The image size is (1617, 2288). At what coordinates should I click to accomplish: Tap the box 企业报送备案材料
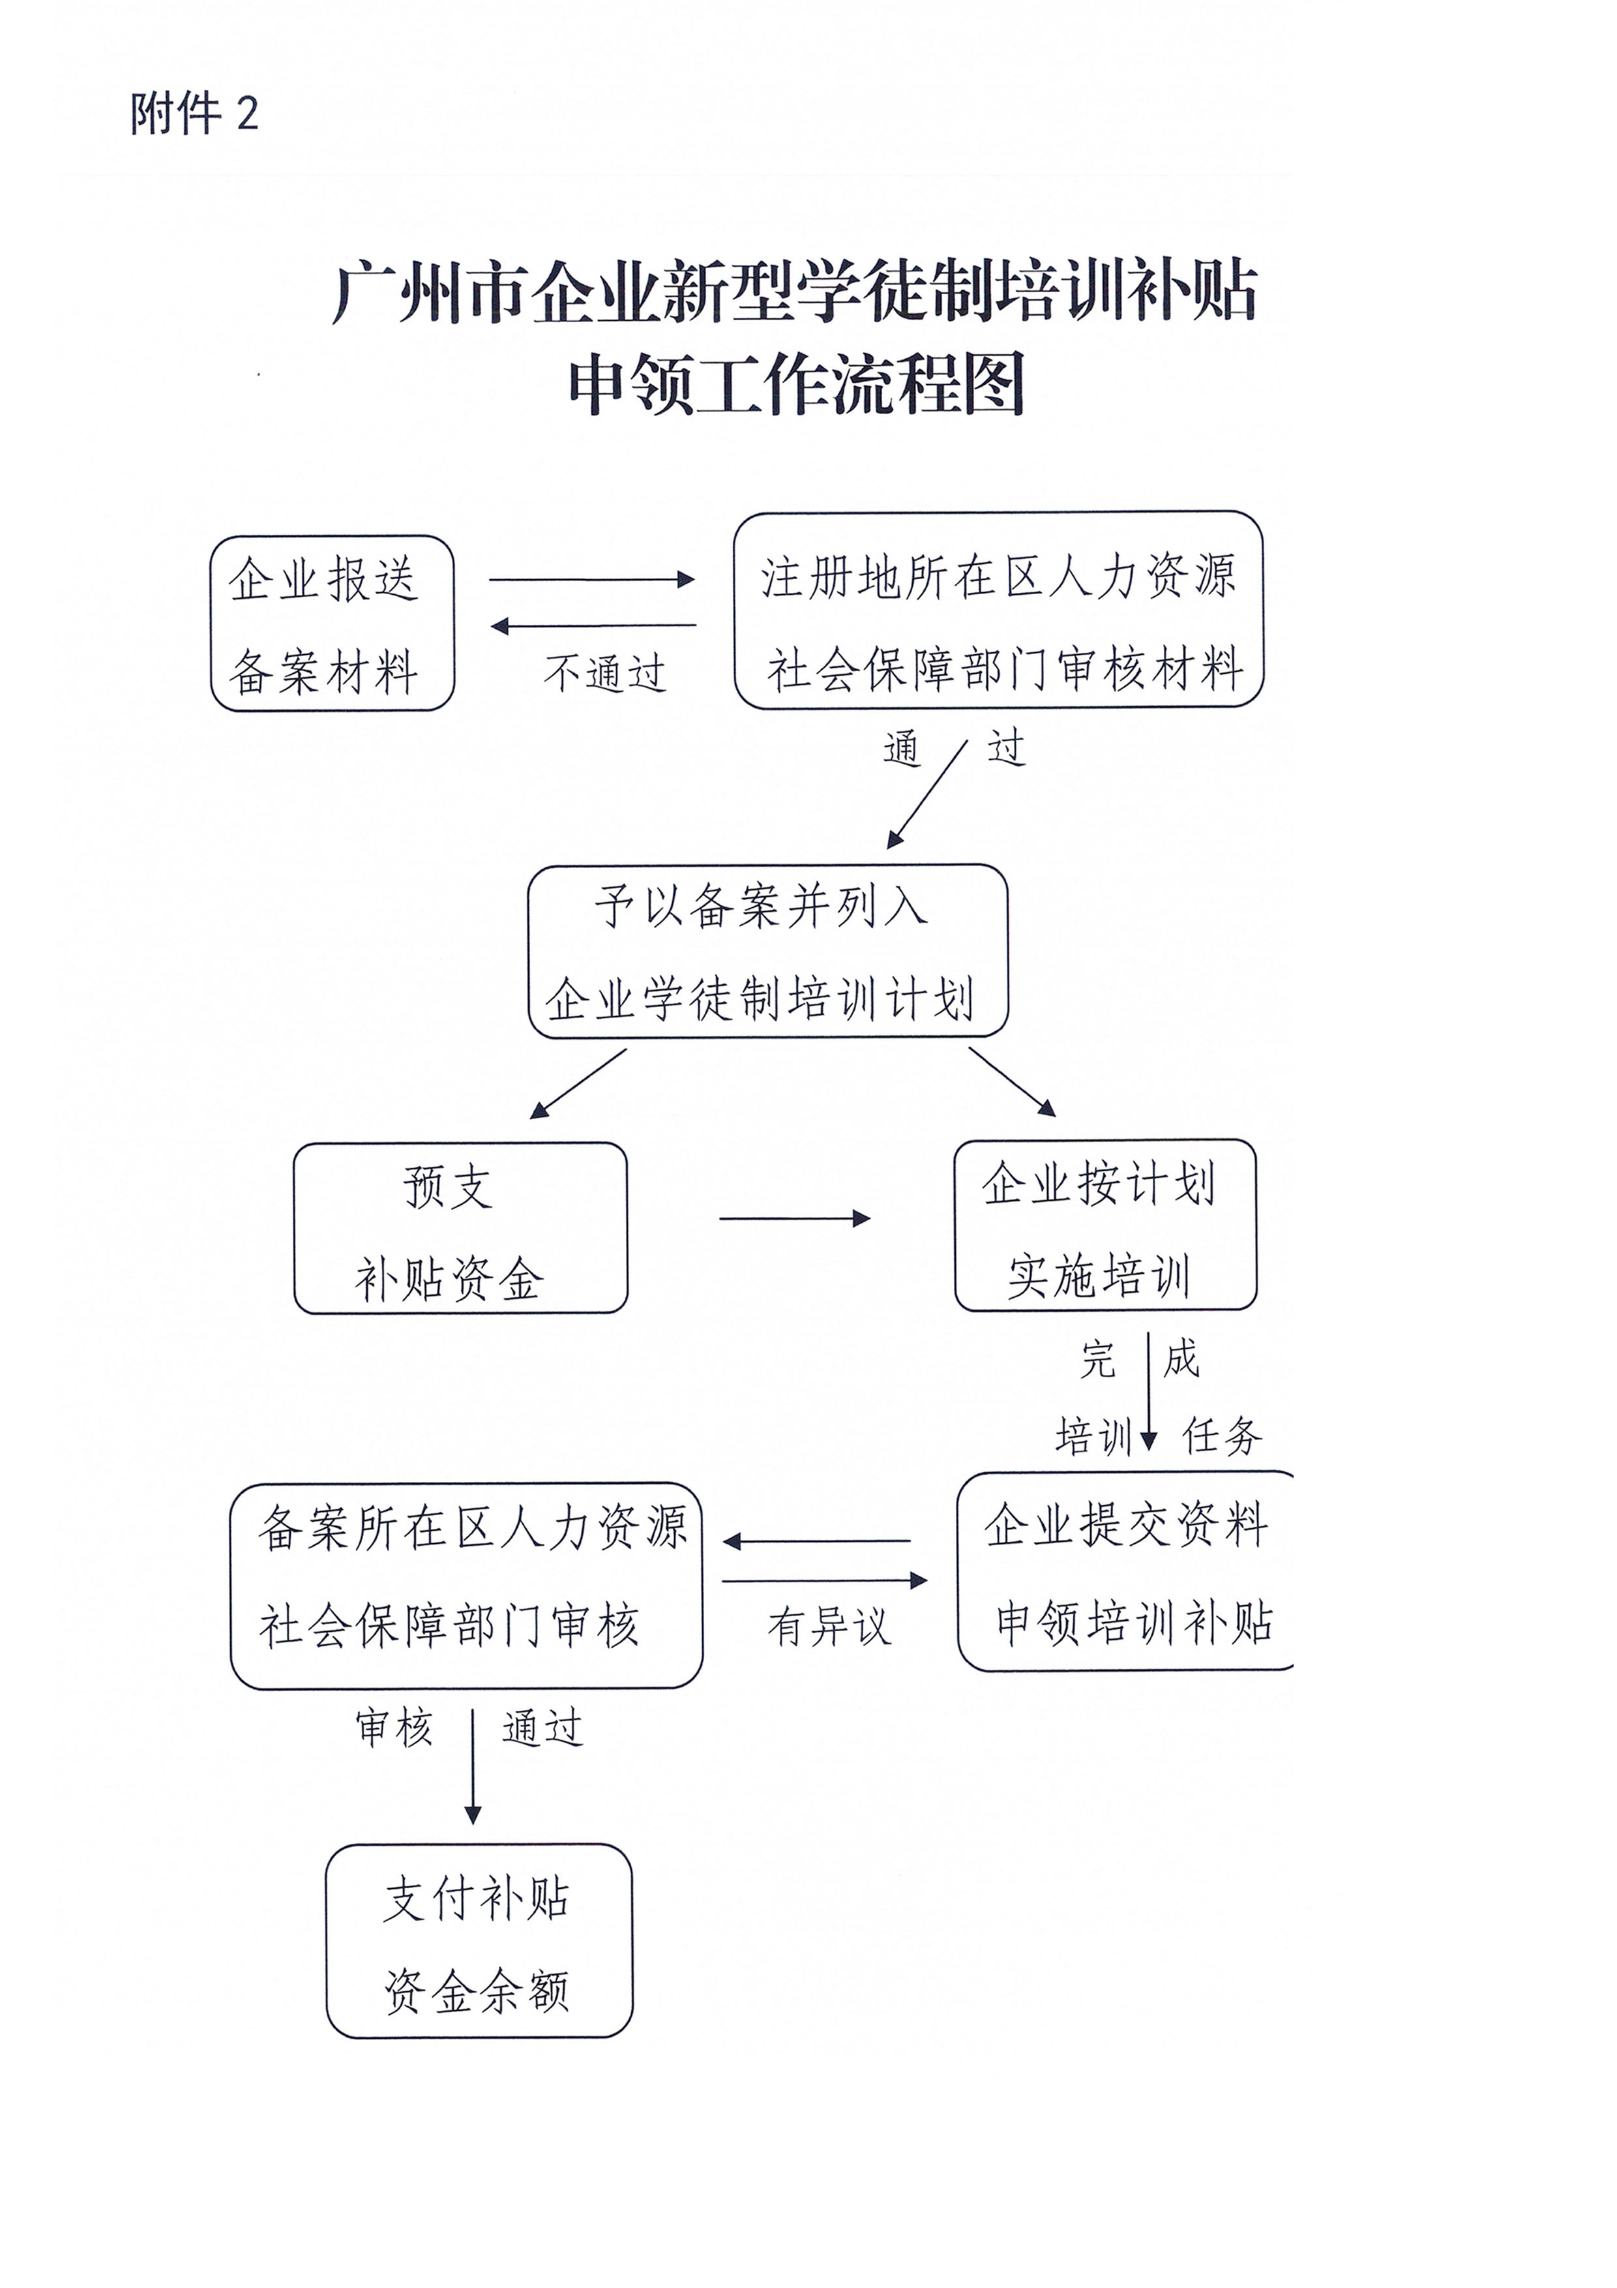click(x=332, y=624)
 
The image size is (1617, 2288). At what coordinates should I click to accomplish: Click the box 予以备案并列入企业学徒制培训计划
click(x=767, y=951)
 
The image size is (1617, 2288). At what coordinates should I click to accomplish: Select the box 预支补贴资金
click(x=460, y=1227)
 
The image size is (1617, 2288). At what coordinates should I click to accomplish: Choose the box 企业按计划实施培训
click(x=1105, y=1225)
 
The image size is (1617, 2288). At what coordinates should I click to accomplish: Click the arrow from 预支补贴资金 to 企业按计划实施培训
click(x=794, y=1218)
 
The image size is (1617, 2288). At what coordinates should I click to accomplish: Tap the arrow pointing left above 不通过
click(x=594, y=626)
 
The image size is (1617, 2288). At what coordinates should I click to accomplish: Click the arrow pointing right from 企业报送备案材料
click(x=592, y=579)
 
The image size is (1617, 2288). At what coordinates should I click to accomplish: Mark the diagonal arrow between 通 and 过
click(x=927, y=794)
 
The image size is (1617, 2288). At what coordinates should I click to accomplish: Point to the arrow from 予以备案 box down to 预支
click(x=579, y=1083)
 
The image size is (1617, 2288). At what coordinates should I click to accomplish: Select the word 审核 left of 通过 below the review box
click(x=394, y=1727)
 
